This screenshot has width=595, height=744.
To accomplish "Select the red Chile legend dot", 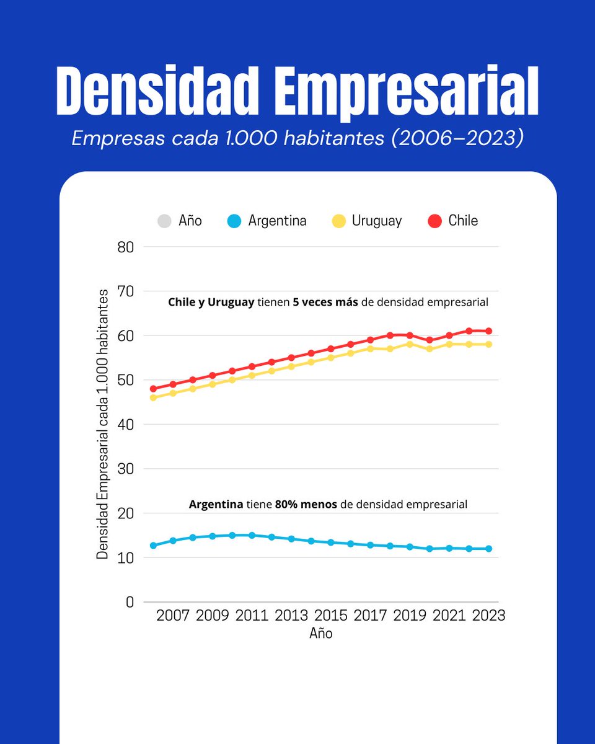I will point(435,221).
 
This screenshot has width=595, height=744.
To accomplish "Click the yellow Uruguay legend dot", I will point(339,221).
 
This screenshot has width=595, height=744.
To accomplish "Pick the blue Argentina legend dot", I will point(235,221).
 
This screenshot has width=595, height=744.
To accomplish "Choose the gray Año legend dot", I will point(165,221).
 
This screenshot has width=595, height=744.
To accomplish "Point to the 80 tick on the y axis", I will point(125,247).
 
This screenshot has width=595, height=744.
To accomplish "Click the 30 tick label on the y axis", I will point(125,469).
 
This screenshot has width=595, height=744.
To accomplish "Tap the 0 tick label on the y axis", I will point(130,602).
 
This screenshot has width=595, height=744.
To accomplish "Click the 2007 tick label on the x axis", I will point(173,616).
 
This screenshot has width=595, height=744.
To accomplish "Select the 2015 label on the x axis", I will point(331,616).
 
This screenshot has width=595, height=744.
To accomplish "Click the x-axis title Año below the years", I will point(321,634).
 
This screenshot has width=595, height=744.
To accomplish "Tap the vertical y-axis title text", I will point(103,424).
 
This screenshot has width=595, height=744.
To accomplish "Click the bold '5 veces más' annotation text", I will point(325,303).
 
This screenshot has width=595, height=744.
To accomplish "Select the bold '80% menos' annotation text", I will point(306,505).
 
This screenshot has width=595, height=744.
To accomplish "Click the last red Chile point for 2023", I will point(489,331).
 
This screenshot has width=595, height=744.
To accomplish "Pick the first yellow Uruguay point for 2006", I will point(153,397).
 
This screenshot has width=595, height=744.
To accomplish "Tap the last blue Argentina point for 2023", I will point(489,549).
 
